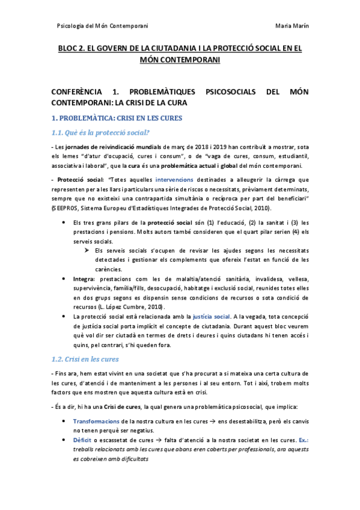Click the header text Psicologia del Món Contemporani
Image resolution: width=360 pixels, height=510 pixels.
pos(102,25)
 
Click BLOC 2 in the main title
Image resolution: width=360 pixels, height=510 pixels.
pos(73,50)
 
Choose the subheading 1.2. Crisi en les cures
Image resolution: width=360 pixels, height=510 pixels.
pos(85,359)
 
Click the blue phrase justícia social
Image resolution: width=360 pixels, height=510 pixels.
pos(211,316)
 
